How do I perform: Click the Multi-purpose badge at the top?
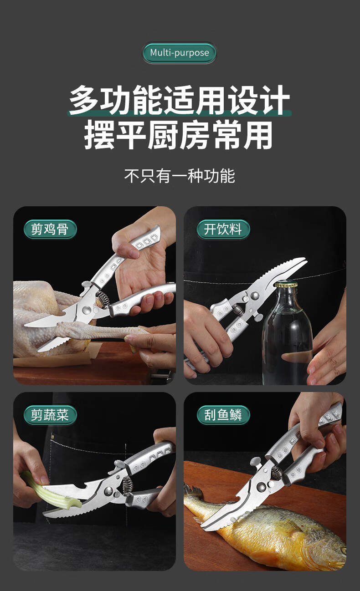[180, 52]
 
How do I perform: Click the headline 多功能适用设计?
[180, 100]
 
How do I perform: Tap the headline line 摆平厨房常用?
[179, 135]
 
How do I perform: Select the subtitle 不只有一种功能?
[180, 176]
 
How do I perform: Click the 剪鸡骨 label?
[50, 229]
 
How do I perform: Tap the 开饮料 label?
[223, 229]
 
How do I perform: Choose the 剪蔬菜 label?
[50, 415]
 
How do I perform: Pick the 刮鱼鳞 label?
[223, 415]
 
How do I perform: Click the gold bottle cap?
[286, 284]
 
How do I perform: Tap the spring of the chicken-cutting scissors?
[103, 300]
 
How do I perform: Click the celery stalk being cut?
[50, 491]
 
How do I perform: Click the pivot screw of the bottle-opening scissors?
[255, 295]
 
